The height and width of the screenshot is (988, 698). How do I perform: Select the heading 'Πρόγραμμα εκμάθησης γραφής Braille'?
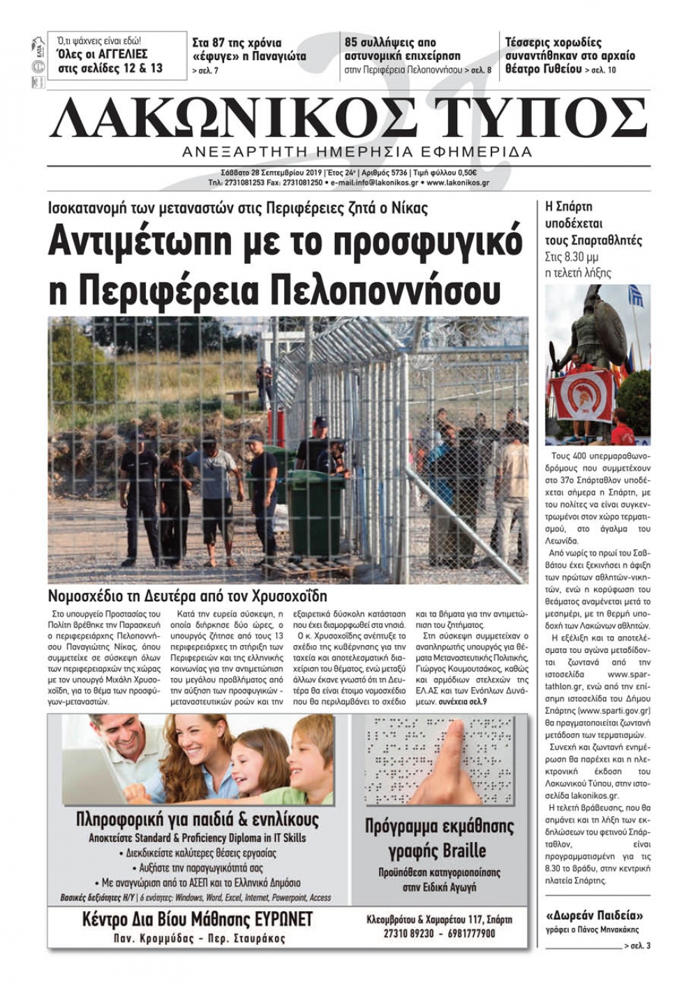pyautogui.click(x=439, y=839)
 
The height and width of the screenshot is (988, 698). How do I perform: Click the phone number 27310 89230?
pyautogui.click(x=408, y=933)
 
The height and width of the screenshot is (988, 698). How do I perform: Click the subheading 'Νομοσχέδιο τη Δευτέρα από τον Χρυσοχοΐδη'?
pyautogui.click(x=187, y=596)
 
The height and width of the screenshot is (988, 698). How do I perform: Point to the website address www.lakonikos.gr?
pyautogui.click(x=458, y=183)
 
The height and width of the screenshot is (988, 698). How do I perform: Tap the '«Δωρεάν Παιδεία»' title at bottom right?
pyautogui.click(x=594, y=915)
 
